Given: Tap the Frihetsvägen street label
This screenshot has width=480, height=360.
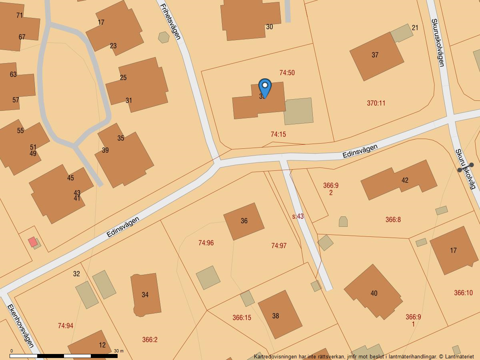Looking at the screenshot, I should click(x=170, y=22).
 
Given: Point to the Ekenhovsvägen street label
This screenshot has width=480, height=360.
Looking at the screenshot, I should click(x=20, y=326).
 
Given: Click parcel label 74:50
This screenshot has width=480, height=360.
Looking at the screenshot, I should click(x=287, y=73).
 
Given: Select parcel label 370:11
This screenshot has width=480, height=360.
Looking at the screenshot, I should click(x=376, y=103).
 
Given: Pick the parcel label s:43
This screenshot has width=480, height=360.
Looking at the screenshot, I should click(x=298, y=216).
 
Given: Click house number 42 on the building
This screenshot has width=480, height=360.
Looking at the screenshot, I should click(x=405, y=180).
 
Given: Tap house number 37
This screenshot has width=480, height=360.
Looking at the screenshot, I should click(x=375, y=55).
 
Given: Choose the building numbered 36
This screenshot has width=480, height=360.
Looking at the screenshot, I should click(x=244, y=221).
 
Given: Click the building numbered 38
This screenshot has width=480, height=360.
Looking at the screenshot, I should click(x=276, y=316).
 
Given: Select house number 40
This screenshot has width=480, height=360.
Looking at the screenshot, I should click(x=374, y=293).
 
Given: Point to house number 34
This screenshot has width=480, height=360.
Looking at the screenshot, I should click(x=145, y=295).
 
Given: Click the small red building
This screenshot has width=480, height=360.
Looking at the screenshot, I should click(x=32, y=242).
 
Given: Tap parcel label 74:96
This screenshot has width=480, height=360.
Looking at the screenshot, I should click(x=206, y=243).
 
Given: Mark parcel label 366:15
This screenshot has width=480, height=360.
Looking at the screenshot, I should click(x=242, y=318).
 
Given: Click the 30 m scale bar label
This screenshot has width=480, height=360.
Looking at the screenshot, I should click(x=119, y=351).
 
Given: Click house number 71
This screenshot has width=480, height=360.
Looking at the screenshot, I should click(x=20, y=16).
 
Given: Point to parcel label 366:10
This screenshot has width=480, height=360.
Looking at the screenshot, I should click(x=463, y=293).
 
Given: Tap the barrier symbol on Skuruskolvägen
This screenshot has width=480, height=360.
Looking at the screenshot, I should click(x=466, y=167).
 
